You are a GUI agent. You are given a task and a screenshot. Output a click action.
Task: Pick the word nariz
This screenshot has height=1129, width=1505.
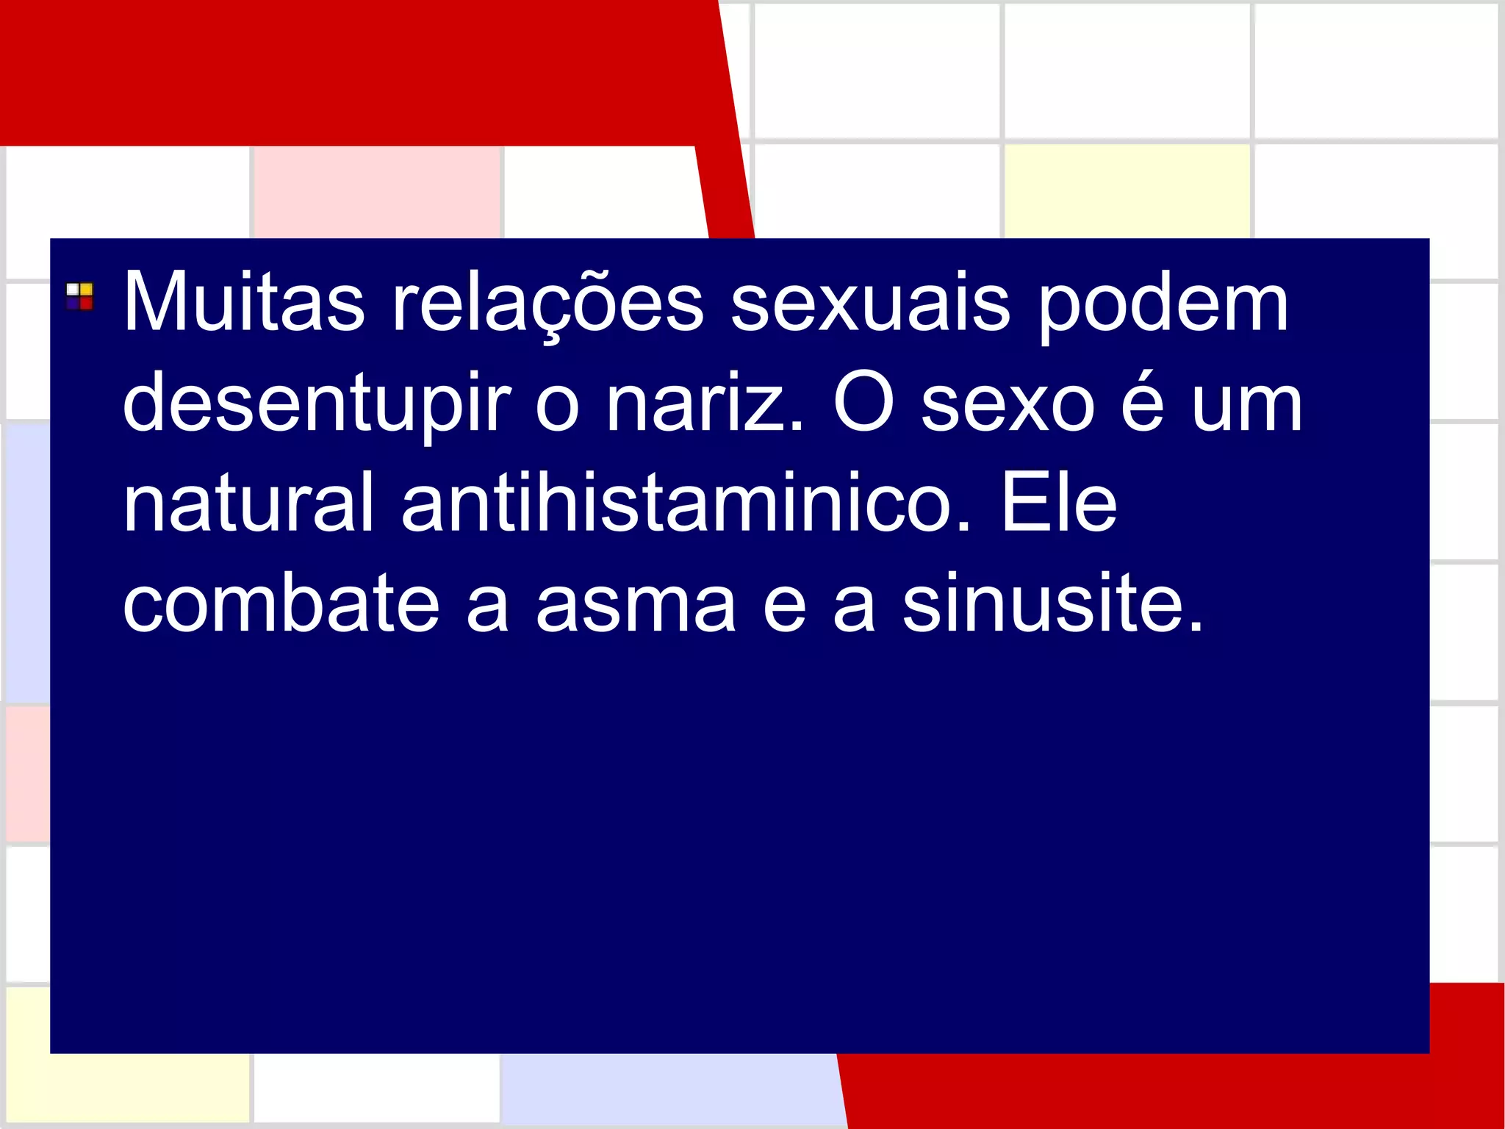point(704,403)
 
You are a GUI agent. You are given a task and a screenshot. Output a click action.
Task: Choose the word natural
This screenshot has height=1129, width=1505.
point(248,503)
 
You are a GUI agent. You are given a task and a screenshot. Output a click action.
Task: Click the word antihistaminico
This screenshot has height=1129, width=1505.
point(686,503)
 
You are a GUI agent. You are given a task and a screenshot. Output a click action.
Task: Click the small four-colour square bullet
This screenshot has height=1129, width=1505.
point(79,296)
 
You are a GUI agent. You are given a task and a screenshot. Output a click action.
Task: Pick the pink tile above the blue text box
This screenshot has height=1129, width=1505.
point(376,192)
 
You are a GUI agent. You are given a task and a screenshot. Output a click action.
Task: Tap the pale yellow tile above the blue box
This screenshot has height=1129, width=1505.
point(1127,191)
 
